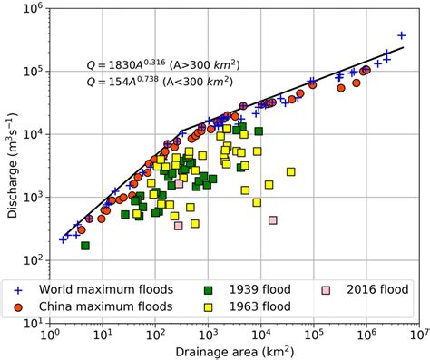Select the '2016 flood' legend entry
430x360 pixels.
click(x=367, y=290)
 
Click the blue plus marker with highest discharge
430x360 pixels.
click(x=401, y=36)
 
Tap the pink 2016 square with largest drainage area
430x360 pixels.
click(x=272, y=220)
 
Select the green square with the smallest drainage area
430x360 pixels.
click(x=85, y=246)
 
